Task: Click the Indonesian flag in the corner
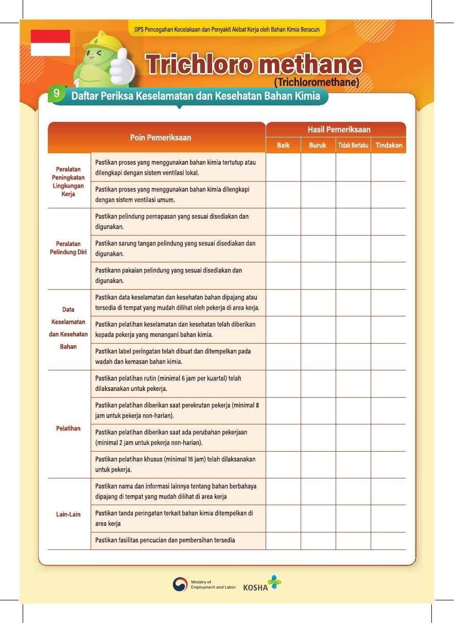pyautogui.click(x=50, y=43)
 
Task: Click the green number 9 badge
pyautogui.click(x=56, y=94)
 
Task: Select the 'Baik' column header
pyautogui.click(x=283, y=146)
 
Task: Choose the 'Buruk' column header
pyautogui.click(x=318, y=146)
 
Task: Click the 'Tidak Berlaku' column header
pyautogui.click(x=353, y=146)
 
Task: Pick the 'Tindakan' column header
pyautogui.click(x=389, y=146)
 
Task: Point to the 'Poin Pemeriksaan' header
pyautogui.click(x=160, y=137)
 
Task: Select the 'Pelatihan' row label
pyautogui.click(x=68, y=429)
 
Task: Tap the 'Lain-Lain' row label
pyautogui.click(x=68, y=514)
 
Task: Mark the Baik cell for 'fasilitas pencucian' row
pyautogui.click(x=283, y=541)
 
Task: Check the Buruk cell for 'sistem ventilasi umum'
pyautogui.click(x=318, y=195)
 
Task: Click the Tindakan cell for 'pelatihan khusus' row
pyautogui.click(x=389, y=465)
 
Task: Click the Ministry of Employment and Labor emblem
pyautogui.click(x=180, y=584)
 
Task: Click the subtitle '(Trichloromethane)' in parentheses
pyautogui.click(x=316, y=82)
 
